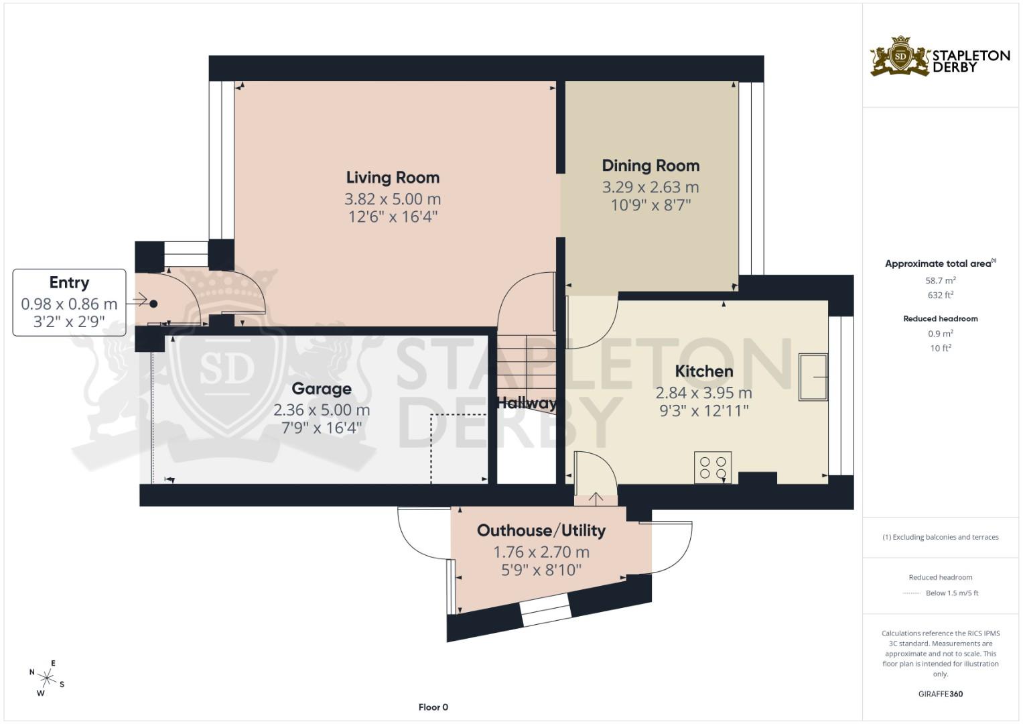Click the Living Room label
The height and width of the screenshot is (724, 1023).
(x=393, y=178)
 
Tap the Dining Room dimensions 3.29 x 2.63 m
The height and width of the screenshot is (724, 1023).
(x=650, y=187)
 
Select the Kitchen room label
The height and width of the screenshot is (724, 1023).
(x=703, y=371)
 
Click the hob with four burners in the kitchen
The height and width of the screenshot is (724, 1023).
(x=713, y=467)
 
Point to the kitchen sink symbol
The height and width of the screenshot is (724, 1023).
(x=813, y=377)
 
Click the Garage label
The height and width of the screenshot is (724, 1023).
(x=322, y=389)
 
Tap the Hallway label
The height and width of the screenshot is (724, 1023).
(x=527, y=403)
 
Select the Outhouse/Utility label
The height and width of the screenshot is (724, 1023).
(x=541, y=531)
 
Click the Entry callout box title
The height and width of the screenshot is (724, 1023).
(x=69, y=283)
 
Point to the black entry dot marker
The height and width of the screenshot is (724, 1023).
(x=153, y=304)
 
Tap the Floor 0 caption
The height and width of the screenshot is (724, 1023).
(x=433, y=707)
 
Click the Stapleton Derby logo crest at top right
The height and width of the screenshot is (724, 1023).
(x=900, y=56)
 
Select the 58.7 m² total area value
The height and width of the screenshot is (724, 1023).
(x=940, y=281)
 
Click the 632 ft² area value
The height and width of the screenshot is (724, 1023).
(x=940, y=295)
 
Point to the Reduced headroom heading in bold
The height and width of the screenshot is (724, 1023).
(x=940, y=318)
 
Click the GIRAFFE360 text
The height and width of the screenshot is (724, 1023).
(x=940, y=694)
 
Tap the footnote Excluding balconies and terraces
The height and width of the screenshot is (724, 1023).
(x=940, y=537)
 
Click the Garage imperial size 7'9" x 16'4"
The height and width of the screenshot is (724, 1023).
(x=322, y=428)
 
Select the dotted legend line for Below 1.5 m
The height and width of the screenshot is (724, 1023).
(x=911, y=593)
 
